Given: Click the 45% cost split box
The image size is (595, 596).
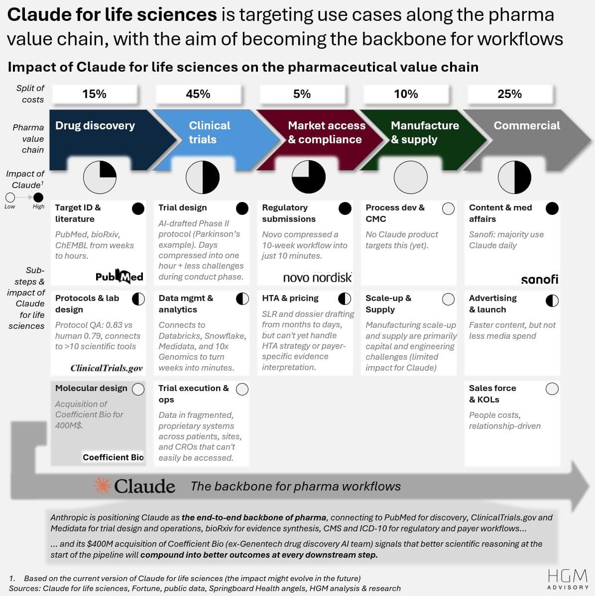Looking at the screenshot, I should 198,94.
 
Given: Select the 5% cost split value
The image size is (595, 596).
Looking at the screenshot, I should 302,94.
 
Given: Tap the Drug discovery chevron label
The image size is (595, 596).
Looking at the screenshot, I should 95,126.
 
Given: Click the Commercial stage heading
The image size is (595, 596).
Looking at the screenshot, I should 526,126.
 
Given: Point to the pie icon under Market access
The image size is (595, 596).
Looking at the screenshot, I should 309,177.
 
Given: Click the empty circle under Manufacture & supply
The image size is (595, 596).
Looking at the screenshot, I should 411,177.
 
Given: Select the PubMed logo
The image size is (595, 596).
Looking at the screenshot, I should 119,276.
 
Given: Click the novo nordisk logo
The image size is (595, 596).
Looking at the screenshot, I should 317,277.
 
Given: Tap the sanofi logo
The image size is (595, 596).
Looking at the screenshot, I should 539,279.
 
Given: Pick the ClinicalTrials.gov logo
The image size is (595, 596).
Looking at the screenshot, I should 107,368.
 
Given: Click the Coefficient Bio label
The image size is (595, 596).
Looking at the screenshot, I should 113,457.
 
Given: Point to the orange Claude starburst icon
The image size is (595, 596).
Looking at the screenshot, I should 103,486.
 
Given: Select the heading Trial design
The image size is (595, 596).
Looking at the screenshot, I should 182,208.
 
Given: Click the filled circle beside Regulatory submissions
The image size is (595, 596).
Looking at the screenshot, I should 345,208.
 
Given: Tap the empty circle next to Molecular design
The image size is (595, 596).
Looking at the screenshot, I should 138,389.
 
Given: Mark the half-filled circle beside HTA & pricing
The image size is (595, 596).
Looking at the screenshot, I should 345,298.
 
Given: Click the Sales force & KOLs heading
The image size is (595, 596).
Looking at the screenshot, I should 492,394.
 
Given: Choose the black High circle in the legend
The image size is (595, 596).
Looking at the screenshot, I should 38,198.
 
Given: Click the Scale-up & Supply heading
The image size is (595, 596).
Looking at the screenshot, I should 388,303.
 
